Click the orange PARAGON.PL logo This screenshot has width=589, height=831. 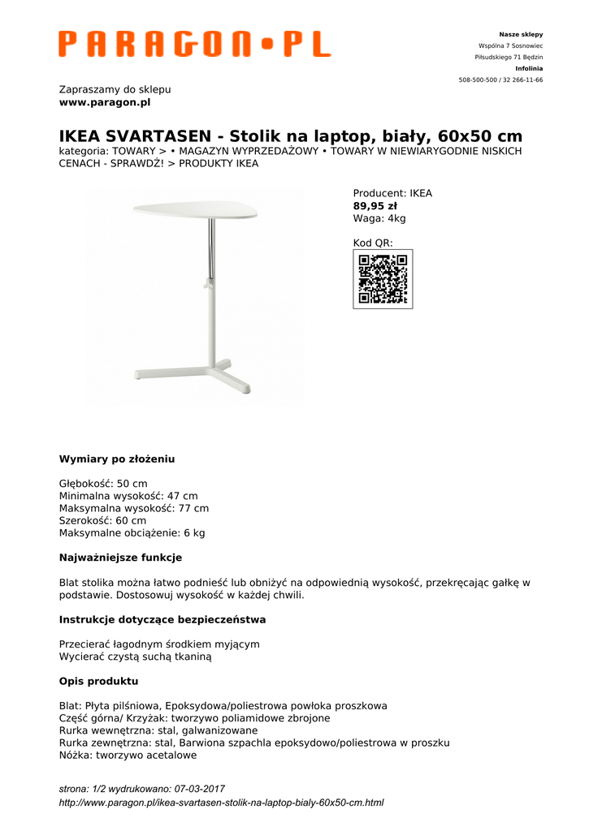(194, 44)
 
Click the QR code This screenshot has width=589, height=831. (383, 279)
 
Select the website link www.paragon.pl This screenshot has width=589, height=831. (105, 102)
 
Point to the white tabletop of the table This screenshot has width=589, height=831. (195, 210)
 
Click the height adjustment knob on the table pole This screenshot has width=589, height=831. (205, 285)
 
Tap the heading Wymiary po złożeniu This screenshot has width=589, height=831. (117, 459)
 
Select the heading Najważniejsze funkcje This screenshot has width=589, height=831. (120, 558)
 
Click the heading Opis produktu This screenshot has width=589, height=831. (98, 681)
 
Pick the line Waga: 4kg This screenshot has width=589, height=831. (379, 218)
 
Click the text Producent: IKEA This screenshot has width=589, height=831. (392, 194)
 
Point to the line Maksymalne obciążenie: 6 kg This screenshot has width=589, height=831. (132, 533)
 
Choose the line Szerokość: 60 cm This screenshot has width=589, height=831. (102, 521)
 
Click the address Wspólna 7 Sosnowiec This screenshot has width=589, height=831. (510, 46)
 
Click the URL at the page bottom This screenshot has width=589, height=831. (221, 803)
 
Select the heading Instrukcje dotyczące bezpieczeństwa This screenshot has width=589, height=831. (162, 619)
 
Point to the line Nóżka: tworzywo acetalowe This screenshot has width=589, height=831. (128, 755)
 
